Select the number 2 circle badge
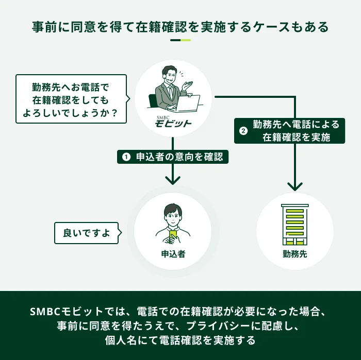(x=243, y=131)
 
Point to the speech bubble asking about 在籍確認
(x=71, y=98)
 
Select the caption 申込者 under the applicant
(x=173, y=254)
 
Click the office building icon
(x=295, y=225)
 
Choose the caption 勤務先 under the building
(x=295, y=253)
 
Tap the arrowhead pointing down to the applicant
(x=173, y=179)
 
